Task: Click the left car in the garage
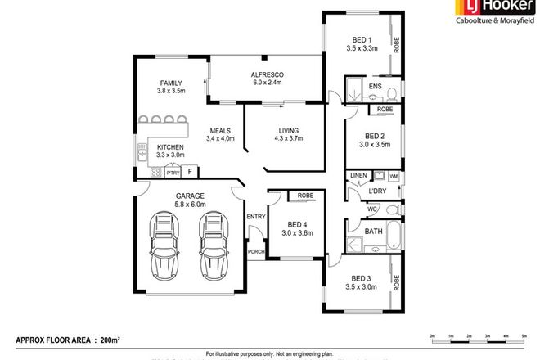(164, 245)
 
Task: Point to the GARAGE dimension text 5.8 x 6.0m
(189, 205)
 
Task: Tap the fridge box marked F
(191, 172)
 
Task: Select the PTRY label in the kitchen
(172, 173)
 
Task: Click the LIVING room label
(288, 130)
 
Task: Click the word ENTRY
(256, 216)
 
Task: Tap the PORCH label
(256, 251)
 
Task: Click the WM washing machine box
(394, 176)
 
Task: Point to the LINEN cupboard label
(358, 176)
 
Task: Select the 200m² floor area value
(107, 338)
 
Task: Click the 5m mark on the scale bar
(523, 336)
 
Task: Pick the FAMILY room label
(170, 83)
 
